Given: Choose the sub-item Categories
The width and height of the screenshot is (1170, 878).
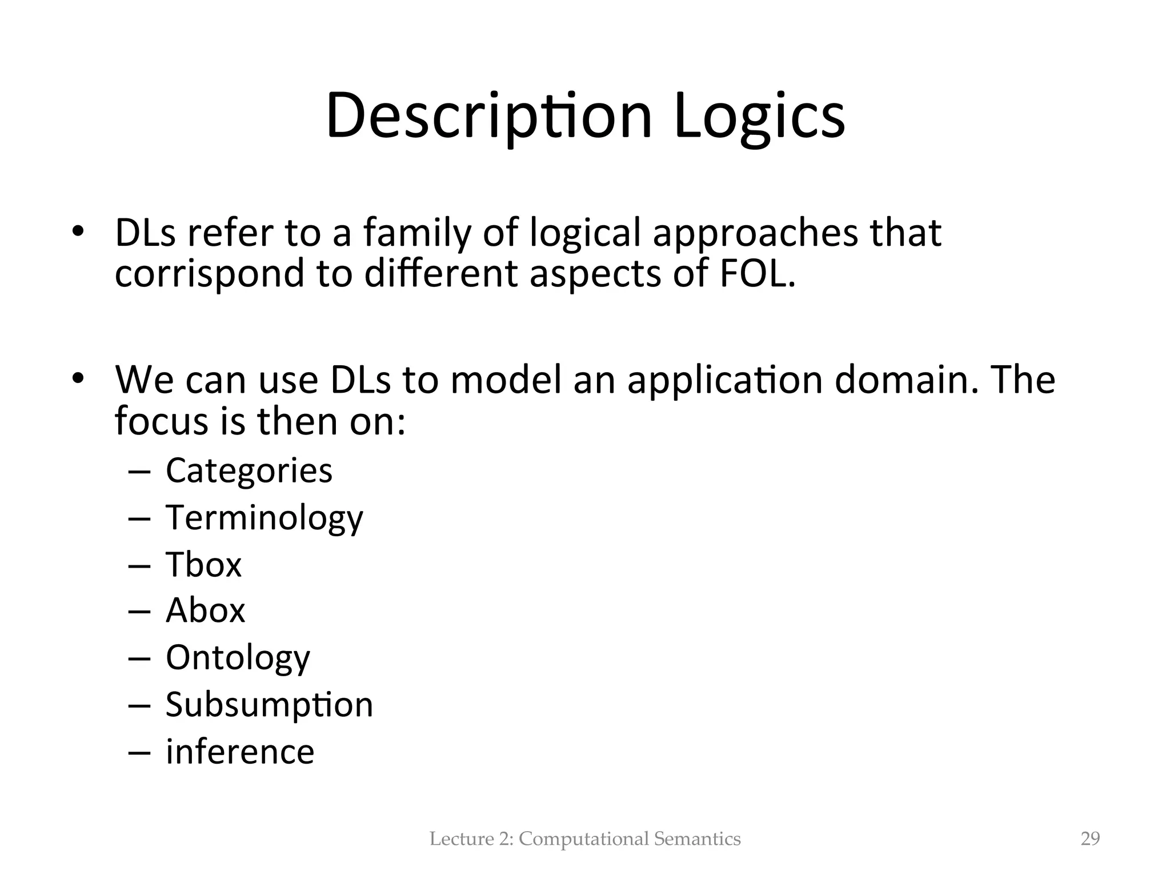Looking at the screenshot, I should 249,470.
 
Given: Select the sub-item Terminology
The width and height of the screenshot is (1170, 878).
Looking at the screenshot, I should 264,518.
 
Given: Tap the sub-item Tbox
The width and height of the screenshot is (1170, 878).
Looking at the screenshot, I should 204,564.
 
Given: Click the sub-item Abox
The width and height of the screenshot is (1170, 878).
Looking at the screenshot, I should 206,610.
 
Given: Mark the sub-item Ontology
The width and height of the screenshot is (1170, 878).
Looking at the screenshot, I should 238,658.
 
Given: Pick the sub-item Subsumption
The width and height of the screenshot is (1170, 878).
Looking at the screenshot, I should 269,704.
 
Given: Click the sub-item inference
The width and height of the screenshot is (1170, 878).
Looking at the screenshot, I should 240,751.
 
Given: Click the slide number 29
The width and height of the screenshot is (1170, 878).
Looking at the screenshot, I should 1090,839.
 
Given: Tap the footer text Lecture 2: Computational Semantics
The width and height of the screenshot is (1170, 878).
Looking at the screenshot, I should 585,839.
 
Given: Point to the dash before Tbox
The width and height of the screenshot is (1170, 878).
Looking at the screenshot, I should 139,565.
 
